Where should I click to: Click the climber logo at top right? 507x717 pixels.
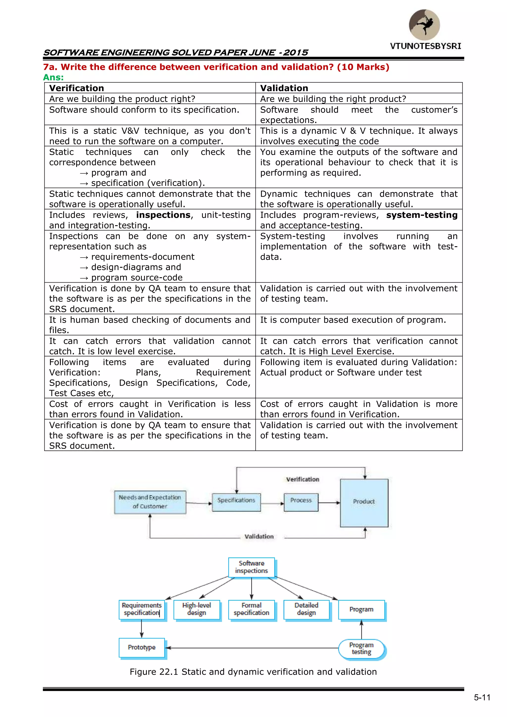point(424,25)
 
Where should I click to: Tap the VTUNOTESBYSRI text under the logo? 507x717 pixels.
point(425,46)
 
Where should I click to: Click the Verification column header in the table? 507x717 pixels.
point(76,88)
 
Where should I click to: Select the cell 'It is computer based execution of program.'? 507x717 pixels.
point(353,320)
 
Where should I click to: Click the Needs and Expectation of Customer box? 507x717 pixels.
point(150,502)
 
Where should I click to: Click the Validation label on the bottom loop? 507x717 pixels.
point(259,536)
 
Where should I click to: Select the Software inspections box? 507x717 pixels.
point(251,567)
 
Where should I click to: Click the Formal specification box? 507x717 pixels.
point(251,609)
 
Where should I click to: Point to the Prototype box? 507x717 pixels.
point(142,647)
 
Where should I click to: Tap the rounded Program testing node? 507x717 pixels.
point(361,649)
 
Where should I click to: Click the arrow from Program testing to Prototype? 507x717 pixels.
point(250,648)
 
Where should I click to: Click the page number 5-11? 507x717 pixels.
point(482,698)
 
